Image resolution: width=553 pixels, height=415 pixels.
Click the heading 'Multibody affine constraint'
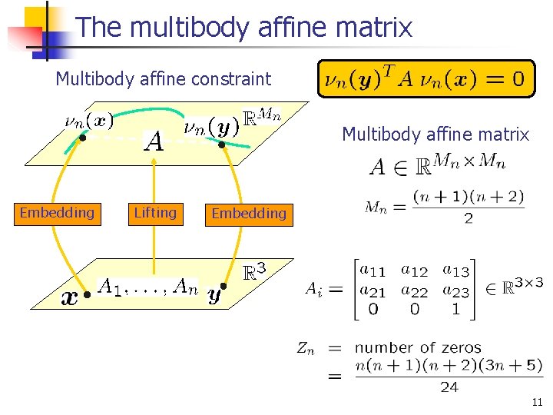164,78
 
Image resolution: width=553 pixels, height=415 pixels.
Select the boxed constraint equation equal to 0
426,78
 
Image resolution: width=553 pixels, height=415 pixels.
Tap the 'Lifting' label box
155,213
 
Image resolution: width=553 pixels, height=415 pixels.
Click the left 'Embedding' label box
57,213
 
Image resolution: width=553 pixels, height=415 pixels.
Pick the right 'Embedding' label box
248,214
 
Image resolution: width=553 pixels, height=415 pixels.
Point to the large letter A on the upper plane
154,141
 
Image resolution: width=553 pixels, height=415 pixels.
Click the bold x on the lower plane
69,297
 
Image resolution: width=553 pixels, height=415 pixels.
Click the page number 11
537,401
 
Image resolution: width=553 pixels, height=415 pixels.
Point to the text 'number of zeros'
418,348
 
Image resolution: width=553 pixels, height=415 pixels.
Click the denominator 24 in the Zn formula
449,387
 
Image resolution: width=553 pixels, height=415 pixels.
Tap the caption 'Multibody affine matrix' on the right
435,135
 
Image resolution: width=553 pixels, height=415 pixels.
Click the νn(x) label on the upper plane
88,121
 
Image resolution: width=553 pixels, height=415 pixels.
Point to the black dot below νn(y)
221,144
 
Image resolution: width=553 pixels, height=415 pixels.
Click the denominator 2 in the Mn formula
468,218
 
